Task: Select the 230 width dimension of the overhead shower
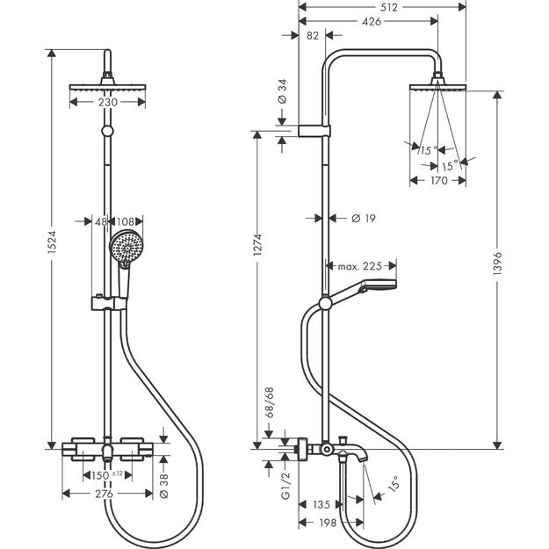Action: coord(109,102)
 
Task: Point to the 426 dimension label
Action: coord(368,24)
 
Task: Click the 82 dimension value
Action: coord(314,35)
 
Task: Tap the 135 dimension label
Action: coord(322,505)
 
